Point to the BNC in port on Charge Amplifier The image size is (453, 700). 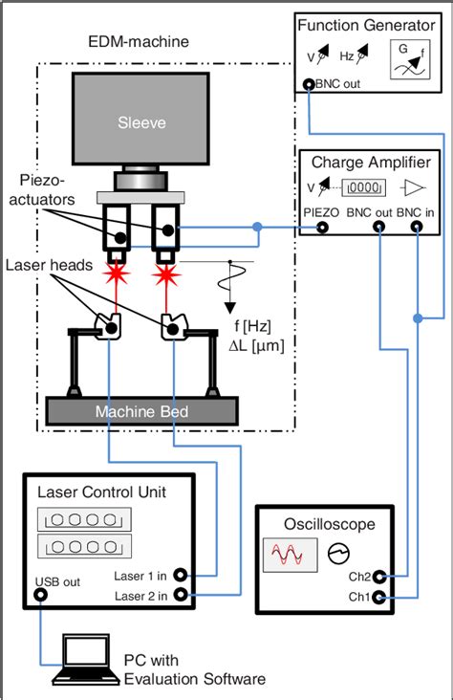(417, 227)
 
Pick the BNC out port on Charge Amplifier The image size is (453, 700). (379, 227)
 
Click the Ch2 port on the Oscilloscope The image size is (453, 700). (379, 577)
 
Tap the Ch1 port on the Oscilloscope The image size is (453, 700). (379, 598)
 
